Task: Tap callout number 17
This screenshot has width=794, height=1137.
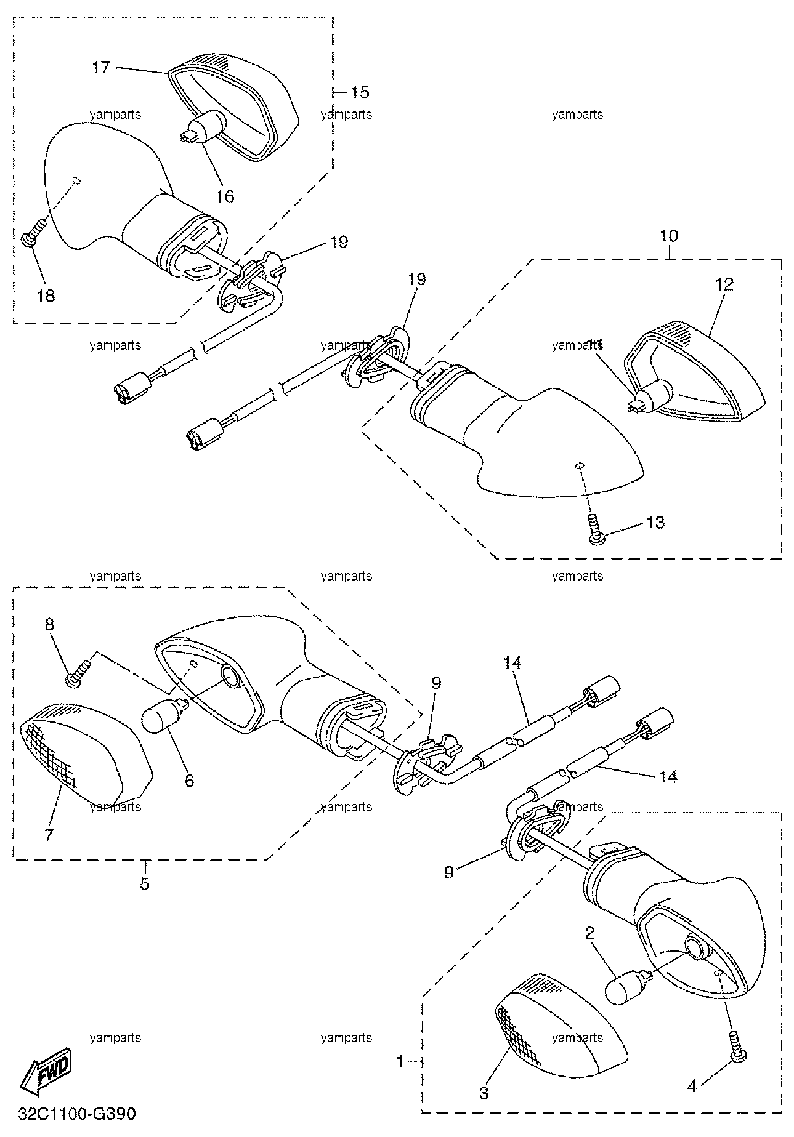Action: (x=101, y=66)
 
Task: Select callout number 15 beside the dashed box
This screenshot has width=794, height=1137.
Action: (x=360, y=92)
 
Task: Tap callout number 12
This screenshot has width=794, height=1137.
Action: (x=725, y=284)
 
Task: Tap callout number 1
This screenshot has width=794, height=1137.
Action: (x=400, y=1061)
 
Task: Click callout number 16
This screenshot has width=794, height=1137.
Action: (x=225, y=196)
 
